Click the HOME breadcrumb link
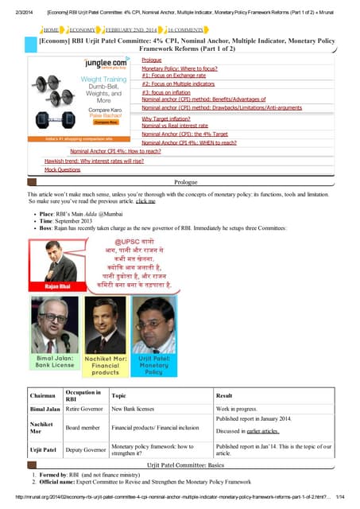point(52,29)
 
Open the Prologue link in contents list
point(151,60)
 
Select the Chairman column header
point(43,395)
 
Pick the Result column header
point(224,395)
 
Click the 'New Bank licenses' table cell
point(134,409)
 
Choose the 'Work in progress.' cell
point(238,409)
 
